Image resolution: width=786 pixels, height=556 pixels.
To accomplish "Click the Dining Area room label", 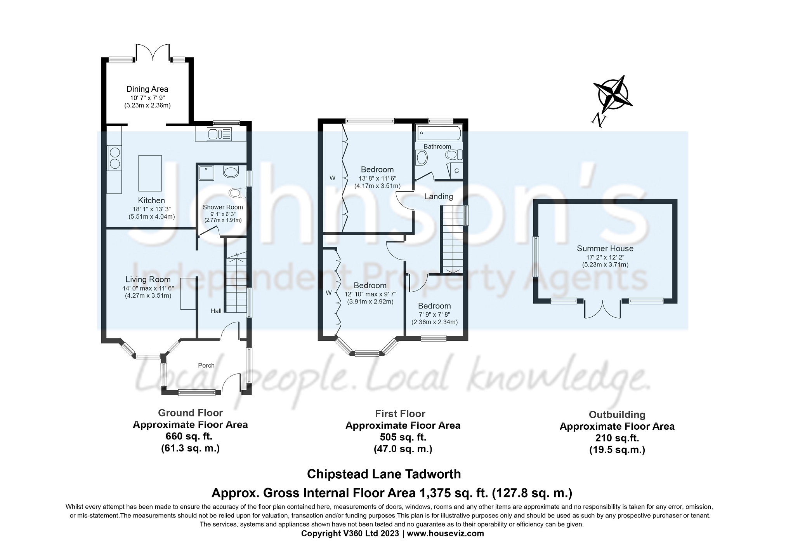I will point(147,89).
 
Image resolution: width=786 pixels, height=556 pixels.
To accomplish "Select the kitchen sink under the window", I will point(220,134).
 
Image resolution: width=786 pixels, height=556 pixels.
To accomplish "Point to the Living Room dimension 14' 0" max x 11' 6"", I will point(148,288).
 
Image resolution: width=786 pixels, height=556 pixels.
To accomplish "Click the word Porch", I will point(206,365).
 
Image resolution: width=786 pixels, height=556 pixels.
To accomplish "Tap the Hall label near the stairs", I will point(216,311).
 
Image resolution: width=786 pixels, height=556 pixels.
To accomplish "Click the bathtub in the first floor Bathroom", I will point(439,133).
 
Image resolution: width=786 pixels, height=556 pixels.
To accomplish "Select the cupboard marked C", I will point(456,171).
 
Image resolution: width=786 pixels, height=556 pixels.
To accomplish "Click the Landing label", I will point(438,197).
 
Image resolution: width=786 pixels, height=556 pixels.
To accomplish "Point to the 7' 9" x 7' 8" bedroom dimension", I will point(434,314).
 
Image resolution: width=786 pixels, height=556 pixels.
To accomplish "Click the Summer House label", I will point(605,248).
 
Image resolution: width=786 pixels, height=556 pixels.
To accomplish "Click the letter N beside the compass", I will point(599,120).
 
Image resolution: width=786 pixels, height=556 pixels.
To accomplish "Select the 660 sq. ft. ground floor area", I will point(190,436).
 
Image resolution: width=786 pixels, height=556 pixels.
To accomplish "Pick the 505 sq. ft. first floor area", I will point(403,437).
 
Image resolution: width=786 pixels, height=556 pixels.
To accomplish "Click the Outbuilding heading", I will point(617,415).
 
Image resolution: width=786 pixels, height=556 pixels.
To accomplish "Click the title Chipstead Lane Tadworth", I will point(384,474).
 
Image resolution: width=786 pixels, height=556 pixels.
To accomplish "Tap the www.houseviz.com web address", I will point(445,533).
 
